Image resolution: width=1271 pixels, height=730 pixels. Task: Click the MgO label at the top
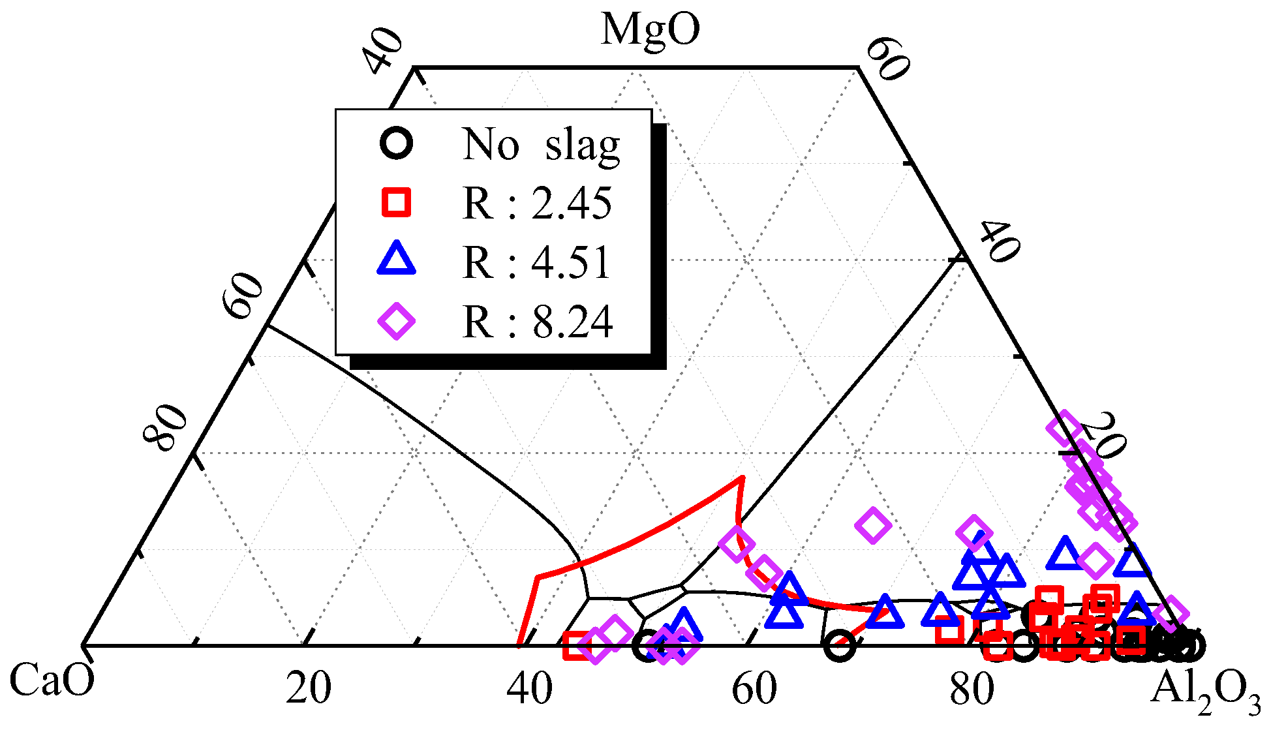pyautogui.click(x=650, y=30)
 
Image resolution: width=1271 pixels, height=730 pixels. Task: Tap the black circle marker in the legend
pyautogui.click(x=396, y=143)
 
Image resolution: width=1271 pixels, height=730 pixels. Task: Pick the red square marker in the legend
pyautogui.click(x=396, y=202)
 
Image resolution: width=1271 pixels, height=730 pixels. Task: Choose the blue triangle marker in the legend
pyautogui.click(x=396, y=259)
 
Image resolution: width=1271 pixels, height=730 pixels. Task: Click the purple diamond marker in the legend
pyautogui.click(x=396, y=321)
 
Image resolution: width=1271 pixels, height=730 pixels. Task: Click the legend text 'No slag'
pyautogui.click(x=541, y=144)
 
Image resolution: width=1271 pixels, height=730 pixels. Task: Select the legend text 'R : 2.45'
pyautogui.click(x=537, y=204)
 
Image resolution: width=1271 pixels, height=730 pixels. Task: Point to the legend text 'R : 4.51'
pyautogui.click(x=537, y=263)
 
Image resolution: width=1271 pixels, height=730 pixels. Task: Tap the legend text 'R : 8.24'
pyautogui.click(x=537, y=322)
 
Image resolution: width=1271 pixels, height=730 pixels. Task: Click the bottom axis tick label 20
pyautogui.click(x=308, y=689)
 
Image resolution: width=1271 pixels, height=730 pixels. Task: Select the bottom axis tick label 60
pyautogui.click(x=754, y=689)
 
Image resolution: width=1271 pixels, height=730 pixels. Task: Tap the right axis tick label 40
pyautogui.click(x=998, y=241)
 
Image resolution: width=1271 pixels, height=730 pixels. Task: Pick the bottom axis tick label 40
pyautogui.click(x=530, y=689)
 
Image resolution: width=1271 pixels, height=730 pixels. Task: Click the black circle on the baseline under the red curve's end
pyautogui.click(x=840, y=645)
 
